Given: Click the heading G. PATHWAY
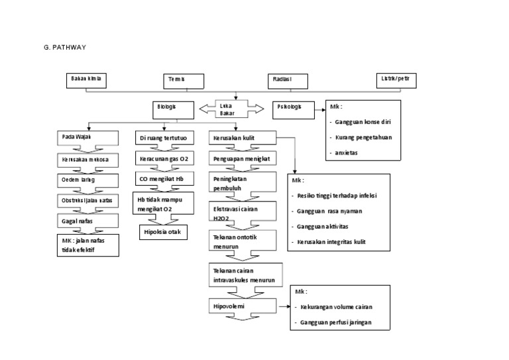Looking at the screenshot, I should [64, 48].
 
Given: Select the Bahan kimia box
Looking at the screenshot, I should [88, 80].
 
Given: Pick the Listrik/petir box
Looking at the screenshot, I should [396, 80].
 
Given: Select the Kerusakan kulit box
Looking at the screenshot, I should [243, 139].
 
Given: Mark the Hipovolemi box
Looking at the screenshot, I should [243, 308].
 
